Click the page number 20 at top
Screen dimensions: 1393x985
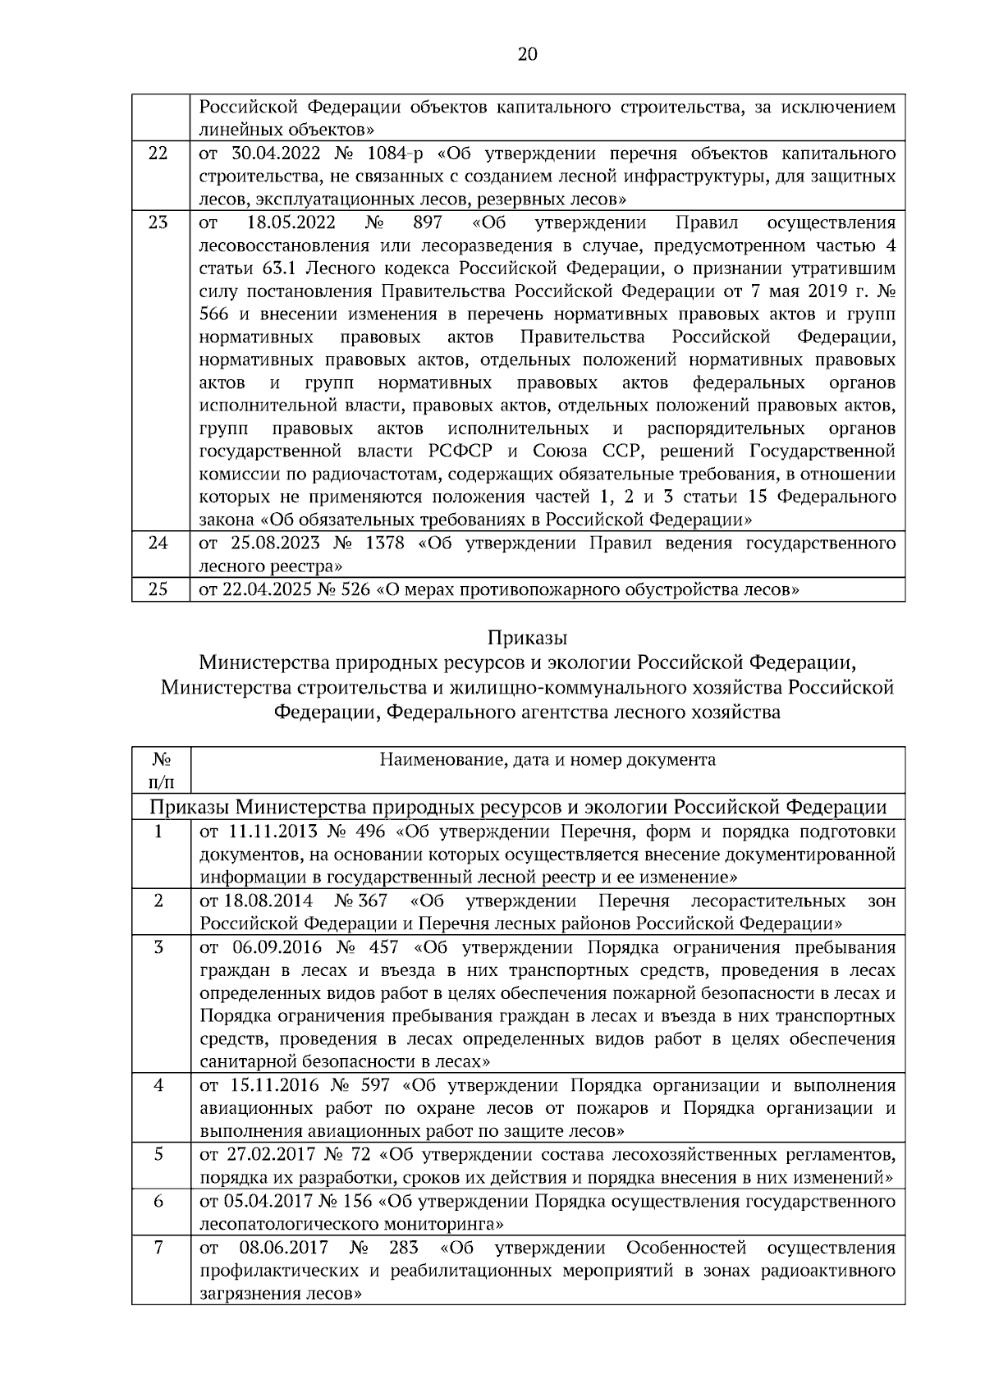528,55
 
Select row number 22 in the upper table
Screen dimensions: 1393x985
159,154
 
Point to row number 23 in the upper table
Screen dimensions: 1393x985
159,223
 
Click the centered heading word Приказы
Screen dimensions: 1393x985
527,638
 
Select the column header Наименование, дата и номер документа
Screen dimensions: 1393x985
547,759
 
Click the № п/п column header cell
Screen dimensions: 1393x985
161,769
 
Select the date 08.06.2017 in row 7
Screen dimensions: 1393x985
284,1248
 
